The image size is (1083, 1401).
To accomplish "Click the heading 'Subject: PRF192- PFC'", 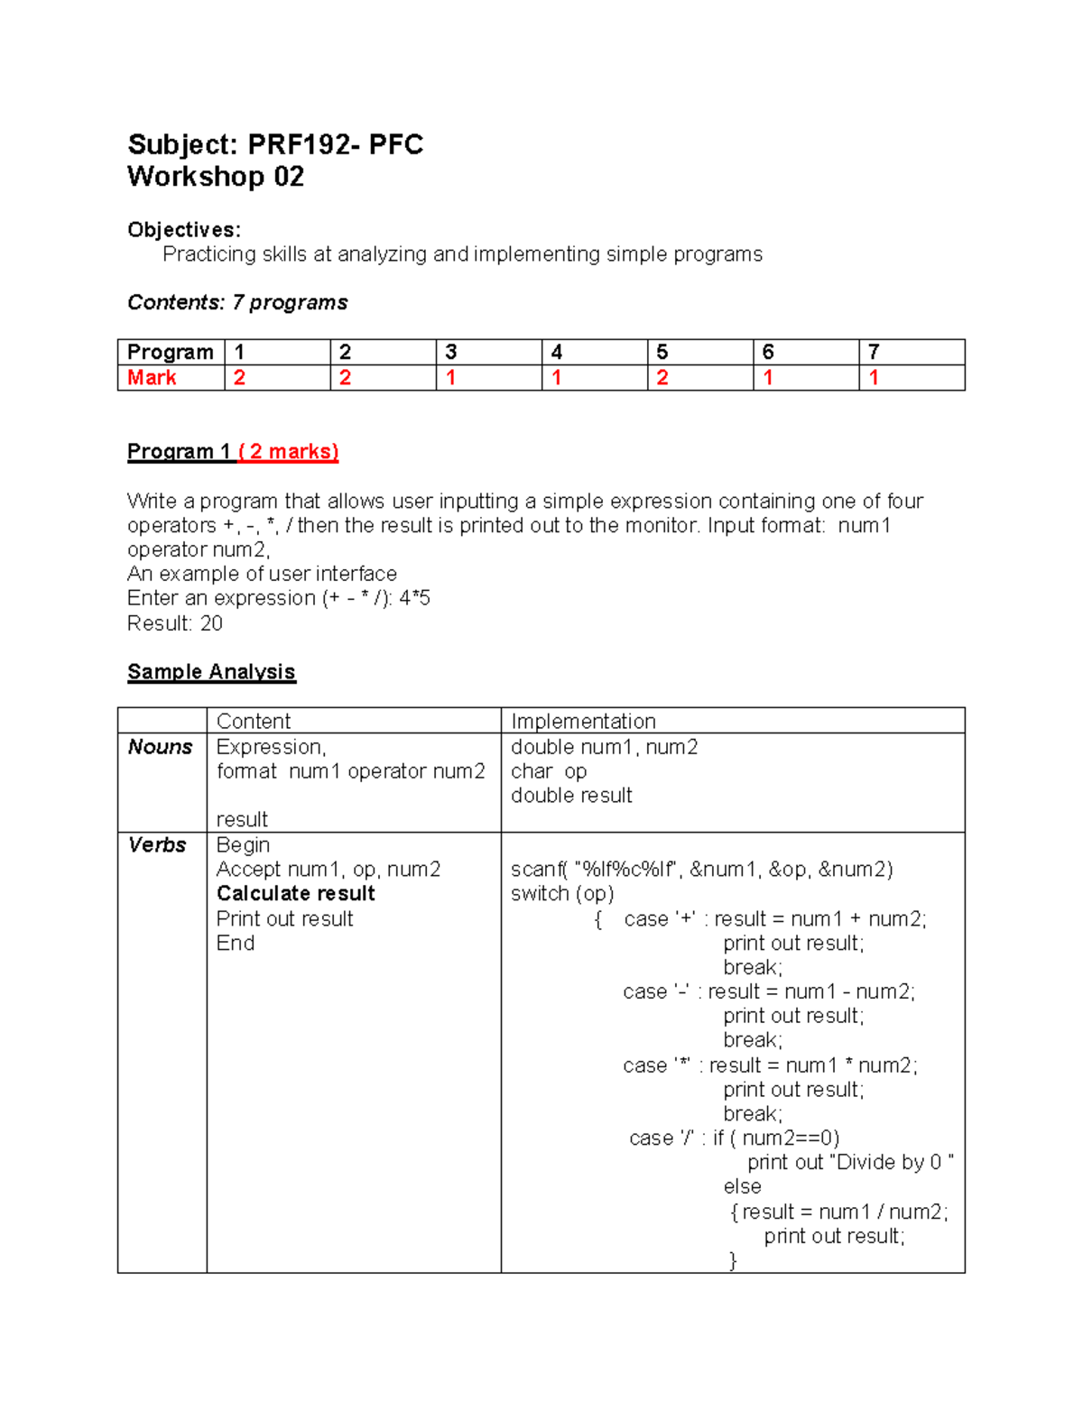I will pyautogui.click(x=275, y=144).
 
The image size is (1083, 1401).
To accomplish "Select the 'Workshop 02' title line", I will pyautogui.click(x=216, y=177).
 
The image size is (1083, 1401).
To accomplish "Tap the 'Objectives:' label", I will pyautogui.click(x=184, y=230).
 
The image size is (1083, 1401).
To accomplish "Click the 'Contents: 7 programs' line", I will pyautogui.click(x=237, y=302).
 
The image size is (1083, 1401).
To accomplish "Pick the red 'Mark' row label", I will pyautogui.click(x=152, y=378).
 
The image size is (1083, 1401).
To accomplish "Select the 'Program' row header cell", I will pyautogui.click(x=170, y=352).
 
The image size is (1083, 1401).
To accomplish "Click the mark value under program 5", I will pyautogui.click(x=662, y=378).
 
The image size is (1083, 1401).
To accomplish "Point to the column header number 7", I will pyautogui.click(x=874, y=352).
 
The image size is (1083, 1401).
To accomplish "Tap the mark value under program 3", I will pyautogui.click(x=450, y=378).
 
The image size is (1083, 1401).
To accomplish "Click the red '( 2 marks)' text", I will pyautogui.click(x=288, y=452).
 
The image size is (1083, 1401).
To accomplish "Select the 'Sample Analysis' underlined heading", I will pyautogui.click(x=211, y=672).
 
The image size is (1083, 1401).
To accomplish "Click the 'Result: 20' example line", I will pyautogui.click(x=175, y=623).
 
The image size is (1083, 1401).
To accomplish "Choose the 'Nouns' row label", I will pyautogui.click(x=160, y=747).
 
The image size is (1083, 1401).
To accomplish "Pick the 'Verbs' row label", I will pyautogui.click(x=157, y=845).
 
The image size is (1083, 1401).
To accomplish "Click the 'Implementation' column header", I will pyautogui.click(x=583, y=722).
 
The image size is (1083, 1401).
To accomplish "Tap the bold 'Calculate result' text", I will pyautogui.click(x=295, y=894).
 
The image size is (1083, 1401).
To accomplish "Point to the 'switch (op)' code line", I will pyautogui.click(x=562, y=894).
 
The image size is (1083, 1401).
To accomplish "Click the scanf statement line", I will pyautogui.click(x=701, y=870).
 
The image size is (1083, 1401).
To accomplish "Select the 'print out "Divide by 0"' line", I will pyautogui.click(x=850, y=1163).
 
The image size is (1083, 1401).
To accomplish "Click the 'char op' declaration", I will pyautogui.click(x=549, y=771).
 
